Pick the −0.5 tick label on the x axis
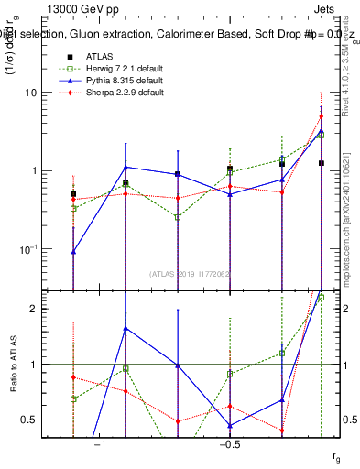[229, 444]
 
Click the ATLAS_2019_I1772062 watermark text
[191, 273]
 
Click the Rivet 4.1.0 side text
[345, 64]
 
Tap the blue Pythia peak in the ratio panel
[125, 328]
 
